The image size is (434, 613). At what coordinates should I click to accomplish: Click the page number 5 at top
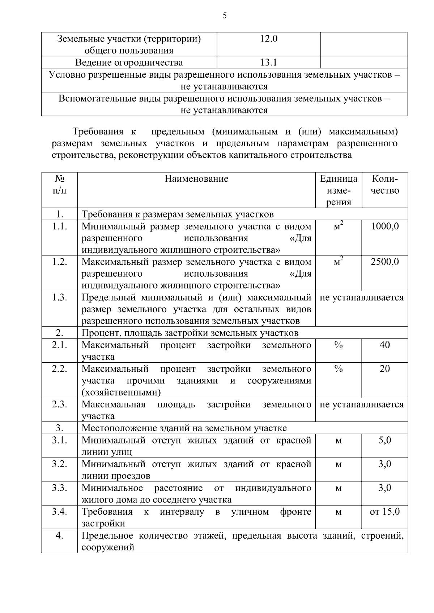click(225, 16)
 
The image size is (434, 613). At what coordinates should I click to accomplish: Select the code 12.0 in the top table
click(268, 39)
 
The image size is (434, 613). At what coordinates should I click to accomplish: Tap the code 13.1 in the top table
click(268, 62)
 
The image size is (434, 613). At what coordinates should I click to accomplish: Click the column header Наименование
click(196, 179)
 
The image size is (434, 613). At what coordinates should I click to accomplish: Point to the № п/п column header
click(60, 185)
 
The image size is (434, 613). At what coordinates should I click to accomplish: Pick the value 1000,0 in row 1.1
click(384, 226)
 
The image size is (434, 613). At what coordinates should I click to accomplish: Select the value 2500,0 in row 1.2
click(384, 262)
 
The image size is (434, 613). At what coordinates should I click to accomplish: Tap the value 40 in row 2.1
click(384, 345)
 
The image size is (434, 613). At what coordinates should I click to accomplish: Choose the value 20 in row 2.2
click(384, 369)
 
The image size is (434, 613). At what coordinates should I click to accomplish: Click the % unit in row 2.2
click(338, 369)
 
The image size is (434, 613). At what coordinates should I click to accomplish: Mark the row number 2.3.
click(60, 404)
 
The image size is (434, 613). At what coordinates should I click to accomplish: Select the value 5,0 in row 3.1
click(384, 440)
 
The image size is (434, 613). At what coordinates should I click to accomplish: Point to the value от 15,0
click(384, 512)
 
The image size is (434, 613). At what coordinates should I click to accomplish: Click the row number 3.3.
click(60, 488)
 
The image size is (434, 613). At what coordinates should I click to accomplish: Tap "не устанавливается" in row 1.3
click(361, 298)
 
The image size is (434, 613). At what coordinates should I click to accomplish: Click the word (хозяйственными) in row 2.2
click(121, 392)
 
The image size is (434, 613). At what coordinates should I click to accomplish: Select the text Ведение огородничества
click(129, 62)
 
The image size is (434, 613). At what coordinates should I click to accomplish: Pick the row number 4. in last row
click(60, 536)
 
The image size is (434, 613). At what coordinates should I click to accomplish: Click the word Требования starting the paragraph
click(98, 131)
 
